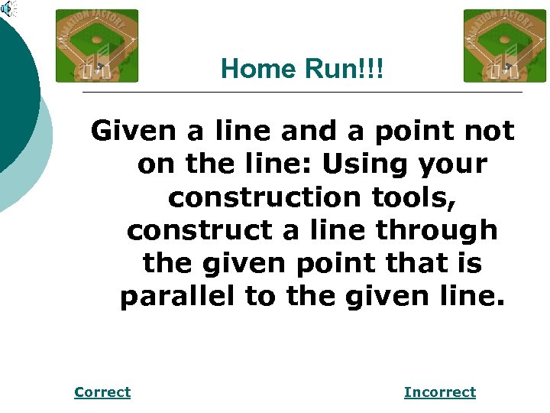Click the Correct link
tap(102, 392)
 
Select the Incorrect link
tap(439, 392)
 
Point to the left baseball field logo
tap(97, 46)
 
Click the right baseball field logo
tap(505, 46)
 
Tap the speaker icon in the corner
tap(8, 9)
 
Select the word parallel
tap(177, 296)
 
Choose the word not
tap(492, 132)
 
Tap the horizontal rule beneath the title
tap(302, 93)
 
